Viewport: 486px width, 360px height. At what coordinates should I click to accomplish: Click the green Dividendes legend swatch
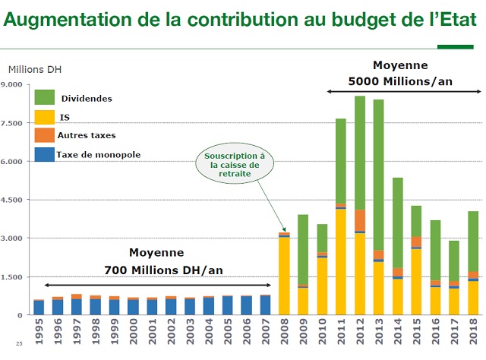click(x=45, y=98)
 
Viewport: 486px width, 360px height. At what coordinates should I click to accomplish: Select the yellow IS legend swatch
click(x=45, y=117)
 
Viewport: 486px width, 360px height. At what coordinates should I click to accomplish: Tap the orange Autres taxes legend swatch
click(x=45, y=135)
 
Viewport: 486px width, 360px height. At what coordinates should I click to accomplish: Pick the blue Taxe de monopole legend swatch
click(x=45, y=154)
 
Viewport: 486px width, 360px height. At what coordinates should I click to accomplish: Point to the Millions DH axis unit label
click(x=34, y=70)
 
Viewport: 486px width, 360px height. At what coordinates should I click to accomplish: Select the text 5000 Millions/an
click(x=399, y=81)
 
